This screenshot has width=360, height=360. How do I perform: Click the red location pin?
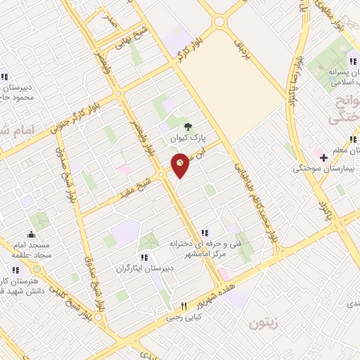pos(181,166)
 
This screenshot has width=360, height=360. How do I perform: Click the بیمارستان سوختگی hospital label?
pos(327,169)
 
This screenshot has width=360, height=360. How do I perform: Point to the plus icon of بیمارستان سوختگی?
pos(323,156)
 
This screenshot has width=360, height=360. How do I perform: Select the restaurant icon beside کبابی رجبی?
pos(184,306)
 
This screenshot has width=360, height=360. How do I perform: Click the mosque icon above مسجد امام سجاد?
pos(30,234)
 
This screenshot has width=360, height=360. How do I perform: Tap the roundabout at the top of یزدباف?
pos(219,22)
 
